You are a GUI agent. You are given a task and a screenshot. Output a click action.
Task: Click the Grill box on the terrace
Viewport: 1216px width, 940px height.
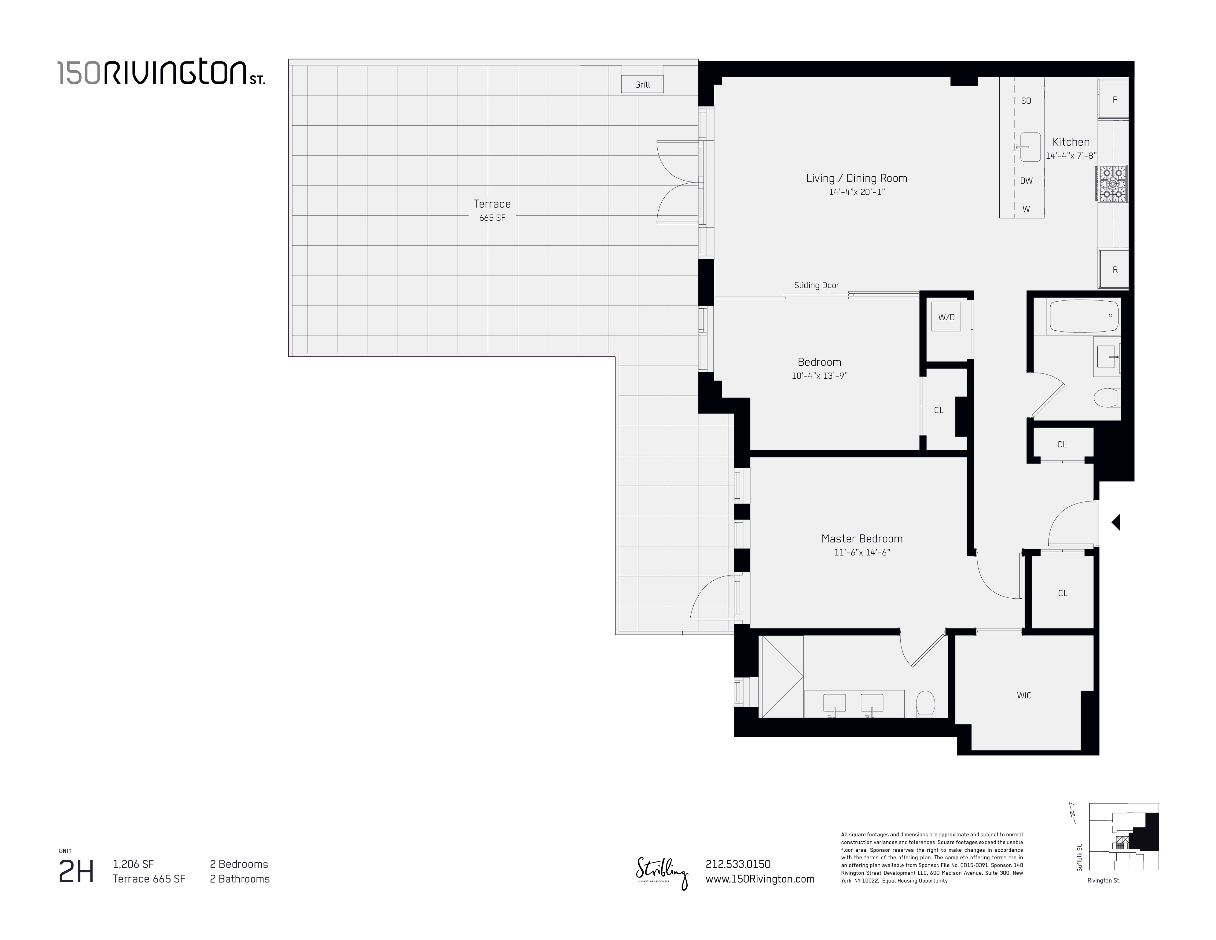pos(643,85)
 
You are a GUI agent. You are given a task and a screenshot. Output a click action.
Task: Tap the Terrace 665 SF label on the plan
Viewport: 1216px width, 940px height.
pos(492,210)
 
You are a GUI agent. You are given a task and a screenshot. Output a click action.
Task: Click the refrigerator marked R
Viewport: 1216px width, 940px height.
pos(1115,269)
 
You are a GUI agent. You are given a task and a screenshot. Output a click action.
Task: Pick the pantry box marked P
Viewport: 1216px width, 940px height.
pos(1115,100)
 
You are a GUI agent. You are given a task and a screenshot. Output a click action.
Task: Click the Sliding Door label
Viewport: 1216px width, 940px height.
pos(816,285)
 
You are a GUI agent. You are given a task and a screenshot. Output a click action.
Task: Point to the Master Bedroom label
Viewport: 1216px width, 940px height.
pos(862,538)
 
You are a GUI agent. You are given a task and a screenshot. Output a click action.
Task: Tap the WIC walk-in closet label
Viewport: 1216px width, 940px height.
pos(1024,695)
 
